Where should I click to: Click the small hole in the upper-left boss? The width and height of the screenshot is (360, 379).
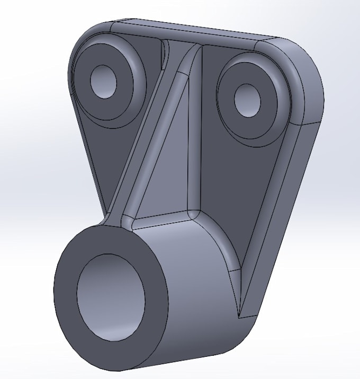[x=104, y=81]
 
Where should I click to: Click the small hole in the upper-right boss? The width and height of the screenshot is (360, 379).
[x=247, y=100]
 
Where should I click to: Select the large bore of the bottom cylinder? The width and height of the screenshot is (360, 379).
[x=111, y=297]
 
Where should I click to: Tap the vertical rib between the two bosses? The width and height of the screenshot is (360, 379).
[x=195, y=133]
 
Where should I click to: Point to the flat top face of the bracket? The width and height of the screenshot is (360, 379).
[x=196, y=31]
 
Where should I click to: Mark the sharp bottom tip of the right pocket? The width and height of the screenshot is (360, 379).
[x=240, y=317]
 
